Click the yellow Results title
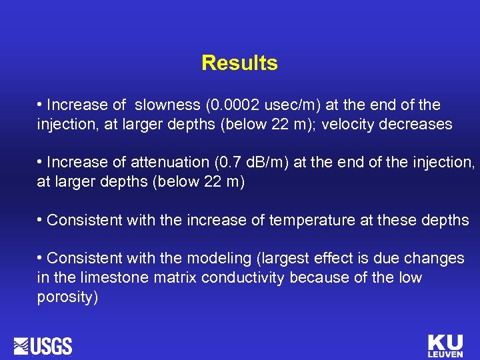click(x=239, y=63)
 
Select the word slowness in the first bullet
click(x=167, y=105)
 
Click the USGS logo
click(x=43, y=347)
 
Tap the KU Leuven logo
click(x=445, y=345)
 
